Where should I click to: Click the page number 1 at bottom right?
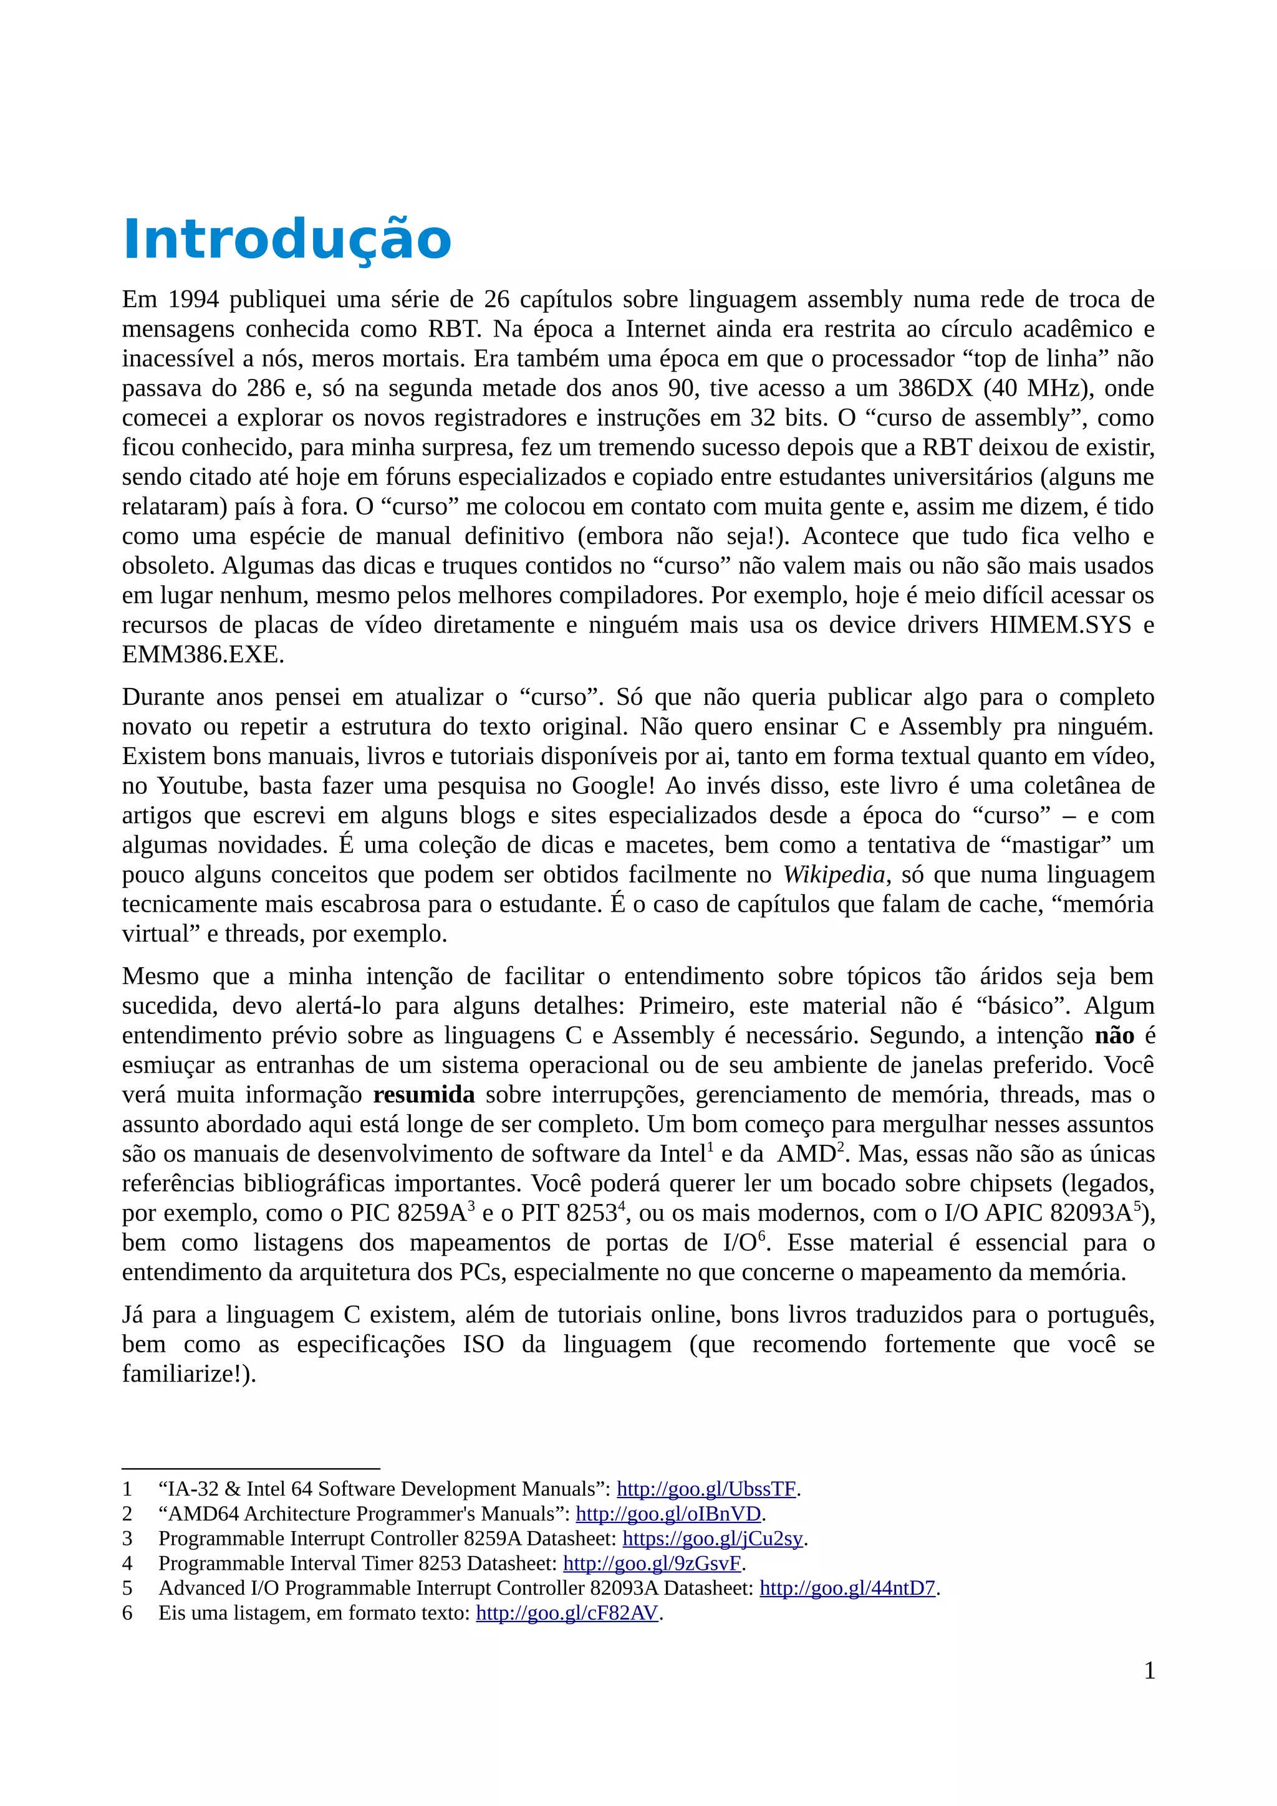(x=1149, y=1671)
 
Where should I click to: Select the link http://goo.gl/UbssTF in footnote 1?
(x=706, y=1489)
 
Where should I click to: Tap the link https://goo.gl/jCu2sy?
(x=712, y=1538)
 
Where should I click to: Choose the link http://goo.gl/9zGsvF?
(x=652, y=1563)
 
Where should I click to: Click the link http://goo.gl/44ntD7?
(x=847, y=1587)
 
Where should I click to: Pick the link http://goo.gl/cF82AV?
(x=567, y=1613)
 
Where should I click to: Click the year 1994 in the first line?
(x=193, y=300)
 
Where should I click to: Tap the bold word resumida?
(x=423, y=1095)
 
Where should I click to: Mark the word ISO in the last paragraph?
(x=483, y=1344)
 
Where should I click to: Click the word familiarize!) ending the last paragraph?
(x=189, y=1374)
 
